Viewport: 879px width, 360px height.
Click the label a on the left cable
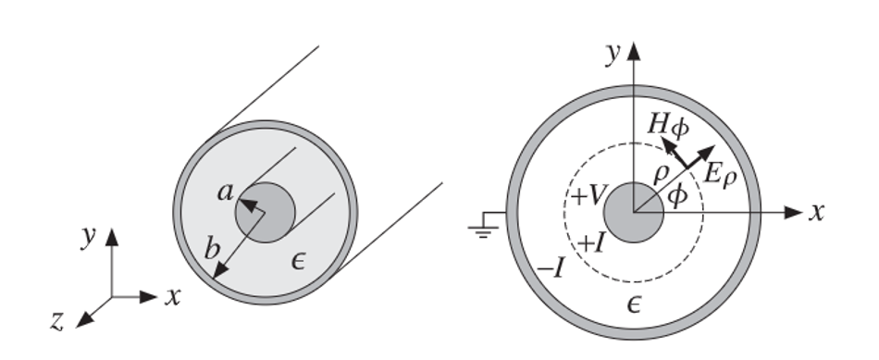point(224,192)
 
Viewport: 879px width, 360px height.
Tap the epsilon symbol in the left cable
point(298,265)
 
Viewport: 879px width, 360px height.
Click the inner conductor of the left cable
point(266,213)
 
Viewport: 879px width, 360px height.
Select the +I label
point(593,243)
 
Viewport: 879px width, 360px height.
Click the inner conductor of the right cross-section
point(634,212)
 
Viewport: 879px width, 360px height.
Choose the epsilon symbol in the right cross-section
point(634,303)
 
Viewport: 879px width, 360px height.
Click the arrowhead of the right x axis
point(794,212)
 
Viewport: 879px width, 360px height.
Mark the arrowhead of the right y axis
point(634,48)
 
